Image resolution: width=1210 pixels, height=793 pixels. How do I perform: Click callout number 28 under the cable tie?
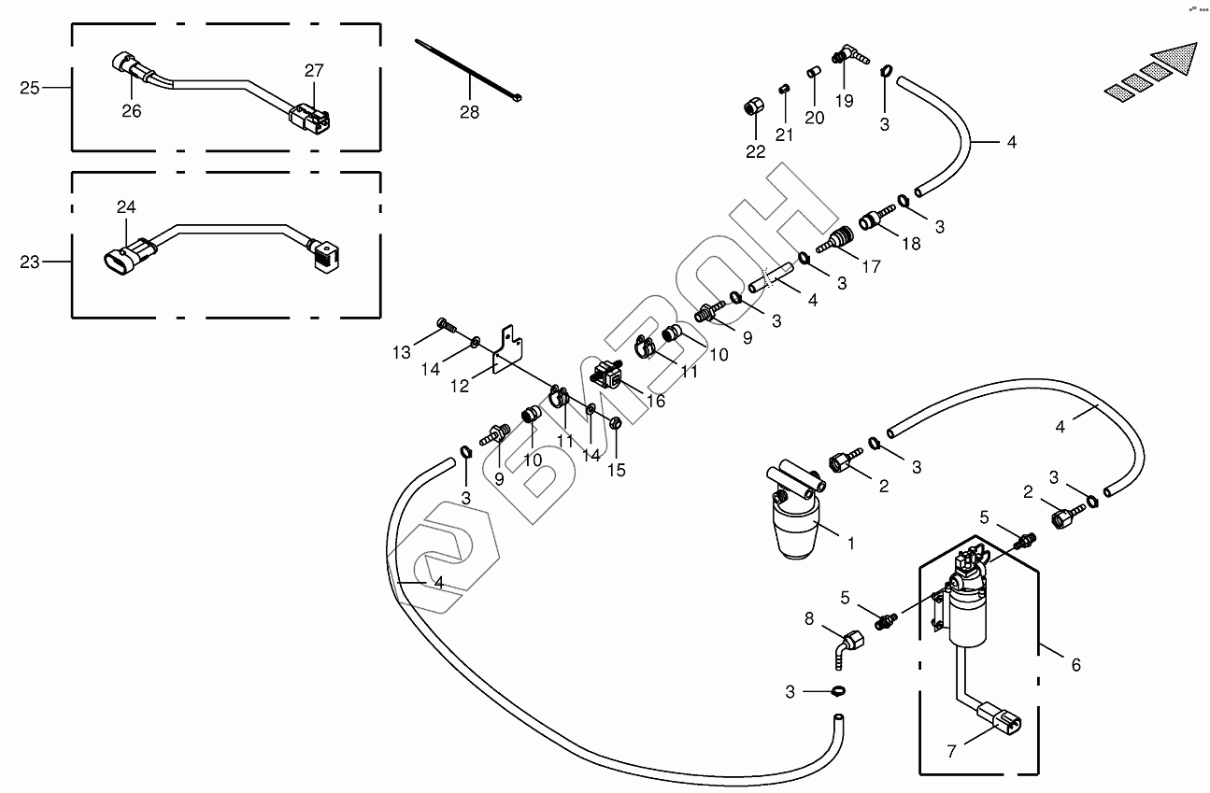pyautogui.click(x=469, y=112)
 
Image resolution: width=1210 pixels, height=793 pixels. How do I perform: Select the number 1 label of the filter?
pyautogui.click(x=850, y=542)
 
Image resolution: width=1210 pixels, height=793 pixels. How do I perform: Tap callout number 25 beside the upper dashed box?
pyautogui.click(x=30, y=88)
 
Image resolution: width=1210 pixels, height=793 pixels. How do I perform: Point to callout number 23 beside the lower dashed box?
pyautogui.click(x=30, y=262)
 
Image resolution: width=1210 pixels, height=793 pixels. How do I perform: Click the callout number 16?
pyautogui.click(x=655, y=401)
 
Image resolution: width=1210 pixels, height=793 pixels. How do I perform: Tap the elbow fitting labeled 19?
pyautogui.click(x=847, y=56)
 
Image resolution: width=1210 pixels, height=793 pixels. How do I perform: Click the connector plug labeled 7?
pyautogui.click(x=1001, y=721)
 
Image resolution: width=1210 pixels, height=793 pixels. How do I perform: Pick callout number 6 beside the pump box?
pyautogui.click(x=1075, y=665)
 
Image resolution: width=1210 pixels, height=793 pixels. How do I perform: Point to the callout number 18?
pyautogui.click(x=910, y=243)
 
